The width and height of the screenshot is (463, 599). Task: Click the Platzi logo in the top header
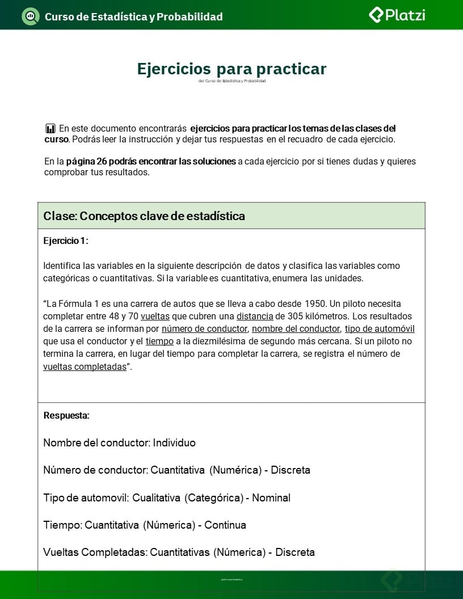[x=397, y=15]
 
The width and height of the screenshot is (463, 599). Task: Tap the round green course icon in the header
[x=30, y=16]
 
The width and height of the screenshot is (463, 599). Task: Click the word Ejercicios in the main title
[x=174, y=69]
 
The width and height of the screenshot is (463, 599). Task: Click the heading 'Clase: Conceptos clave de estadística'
[x=144, y=216]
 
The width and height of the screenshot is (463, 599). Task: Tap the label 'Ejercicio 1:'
[x=66, y=241]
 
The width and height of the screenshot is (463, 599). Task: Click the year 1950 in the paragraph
[x=315, y=303]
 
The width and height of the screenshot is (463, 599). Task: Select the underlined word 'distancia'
[x=255, y=317]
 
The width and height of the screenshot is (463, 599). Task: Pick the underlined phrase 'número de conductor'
[x=204, y=329]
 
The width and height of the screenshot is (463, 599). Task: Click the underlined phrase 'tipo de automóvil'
[x=380, y=329]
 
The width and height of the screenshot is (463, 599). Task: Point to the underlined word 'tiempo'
[x=159, y=341]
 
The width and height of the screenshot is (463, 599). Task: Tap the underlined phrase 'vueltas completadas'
[x=85, y=366]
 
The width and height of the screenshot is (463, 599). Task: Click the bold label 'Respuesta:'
[x=66, y=415]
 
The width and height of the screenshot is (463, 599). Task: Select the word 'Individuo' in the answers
[x=174, y=443]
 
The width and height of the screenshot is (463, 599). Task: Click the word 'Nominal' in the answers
[x=271, y=498]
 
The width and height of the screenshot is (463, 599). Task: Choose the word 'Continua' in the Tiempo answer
[x=225, y=525]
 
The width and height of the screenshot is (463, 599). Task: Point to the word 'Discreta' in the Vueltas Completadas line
[x=295, y=552]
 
